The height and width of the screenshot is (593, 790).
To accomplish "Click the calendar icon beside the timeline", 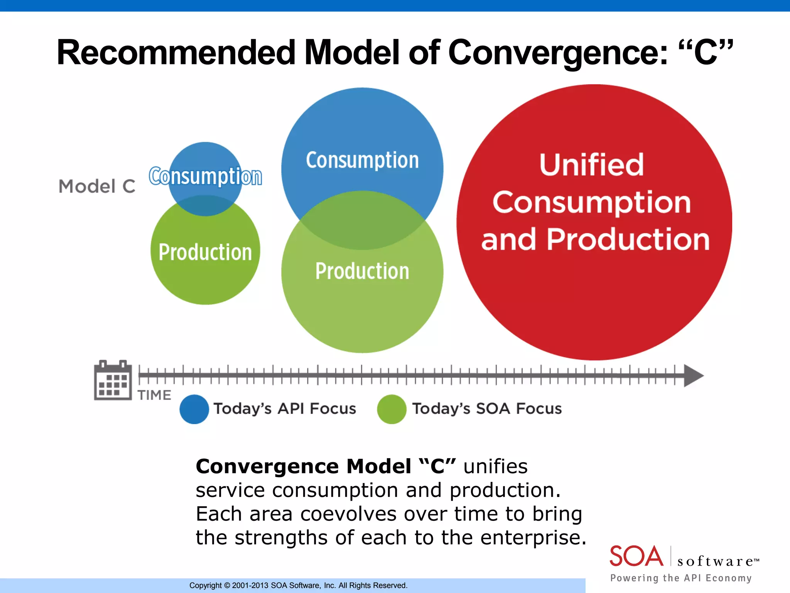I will point(113,380).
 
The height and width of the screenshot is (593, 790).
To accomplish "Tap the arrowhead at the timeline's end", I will point(693,375).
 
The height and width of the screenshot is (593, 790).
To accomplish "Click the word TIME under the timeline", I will point(154,395).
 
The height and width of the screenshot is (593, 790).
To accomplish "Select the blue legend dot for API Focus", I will point(194,409).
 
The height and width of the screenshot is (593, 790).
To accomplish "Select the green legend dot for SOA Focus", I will point(392,409).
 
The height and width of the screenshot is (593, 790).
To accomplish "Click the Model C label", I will point(97,186).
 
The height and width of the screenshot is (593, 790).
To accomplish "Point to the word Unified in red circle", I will point(591,165).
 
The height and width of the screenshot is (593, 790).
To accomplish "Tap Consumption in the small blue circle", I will point(205,176).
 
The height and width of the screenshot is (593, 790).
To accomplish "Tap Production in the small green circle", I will point(205,252).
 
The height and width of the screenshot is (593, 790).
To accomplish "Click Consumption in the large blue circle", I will point(362,160).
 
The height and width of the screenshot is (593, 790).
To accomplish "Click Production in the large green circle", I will point(362,271).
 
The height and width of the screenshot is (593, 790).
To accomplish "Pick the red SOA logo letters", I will point(636,556).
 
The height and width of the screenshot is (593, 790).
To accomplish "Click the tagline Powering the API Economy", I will point(681,578).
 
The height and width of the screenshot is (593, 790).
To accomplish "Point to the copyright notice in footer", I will point(298,585).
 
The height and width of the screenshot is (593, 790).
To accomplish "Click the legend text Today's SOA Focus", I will point(487,408).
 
